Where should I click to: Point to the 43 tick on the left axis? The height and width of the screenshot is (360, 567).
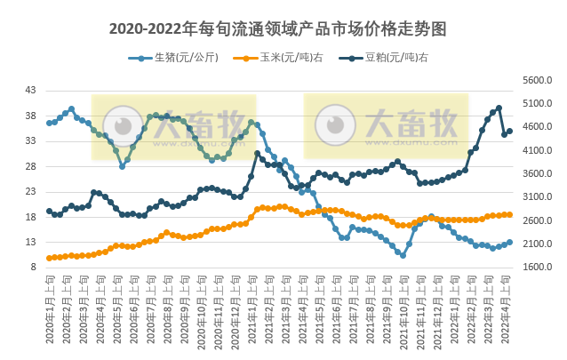click(x=31, y=91)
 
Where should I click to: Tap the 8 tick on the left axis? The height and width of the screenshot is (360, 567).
click(x=34, y=267)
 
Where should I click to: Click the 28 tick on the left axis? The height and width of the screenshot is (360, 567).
click(x=31, y=166)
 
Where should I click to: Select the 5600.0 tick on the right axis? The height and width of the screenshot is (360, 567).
click(x=537, y=80)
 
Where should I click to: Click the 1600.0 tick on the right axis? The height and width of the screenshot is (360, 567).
click(x=537, y=267)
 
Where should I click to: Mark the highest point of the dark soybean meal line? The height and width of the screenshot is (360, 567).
click(x=499, y=108)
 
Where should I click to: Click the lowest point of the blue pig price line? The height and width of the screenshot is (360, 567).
click(x=403, y=255)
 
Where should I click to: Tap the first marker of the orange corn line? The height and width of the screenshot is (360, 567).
click(x=49, y=258)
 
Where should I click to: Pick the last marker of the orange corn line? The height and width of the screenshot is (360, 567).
click(x=509, y=214)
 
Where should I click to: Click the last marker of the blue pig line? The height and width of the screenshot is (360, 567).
click(x=509, y=242)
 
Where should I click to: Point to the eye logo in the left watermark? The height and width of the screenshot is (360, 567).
click(x=123, y=124)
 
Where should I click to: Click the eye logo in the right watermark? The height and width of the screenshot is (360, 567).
click(x=336, y=124)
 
